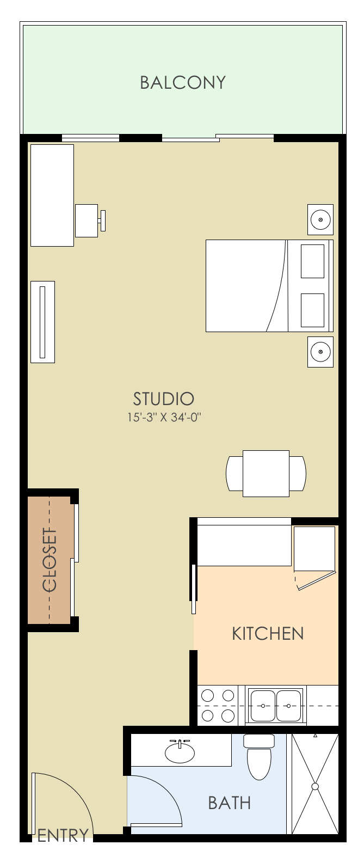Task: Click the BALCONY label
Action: pyautogui.click(x=182, y=82)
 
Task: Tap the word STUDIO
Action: pyautogui.click(x=163, y=399)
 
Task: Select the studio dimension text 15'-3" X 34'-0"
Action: pyautogui.click(x=164, y=418)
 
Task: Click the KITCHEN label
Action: pyautogui.click(x=267, y=634)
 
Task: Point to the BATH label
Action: pyautogui.click(x=229, y=803)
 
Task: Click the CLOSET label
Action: pyautogui.click(x=50, y=559)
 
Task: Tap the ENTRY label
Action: pyautogui.click(x=63, y=835)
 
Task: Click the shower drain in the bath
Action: pyautogui.click(x=314, y=787)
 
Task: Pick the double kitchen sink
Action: pyautogui.click(x=275, y=705)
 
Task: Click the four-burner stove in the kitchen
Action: pyautogui.click(x=218, y=705)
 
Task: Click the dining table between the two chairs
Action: pyautogui.click(x=266, y=473)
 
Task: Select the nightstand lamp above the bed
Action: pyautogui.click(x=320, y=220)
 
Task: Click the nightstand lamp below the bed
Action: pyautogui.click(x=320, y=352)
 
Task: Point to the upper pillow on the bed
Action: pyautogui.click(x=312, y=261)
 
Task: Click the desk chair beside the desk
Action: pyautogui.click(x=88, y=221)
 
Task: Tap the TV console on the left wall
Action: pyautogui.click(x=42, y=322)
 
